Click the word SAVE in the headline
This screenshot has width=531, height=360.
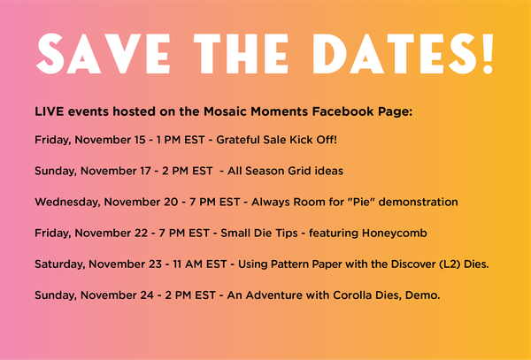pyautogui.click(x=103, y=53)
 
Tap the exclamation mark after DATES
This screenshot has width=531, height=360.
pyautogui.click(x=488, y=53)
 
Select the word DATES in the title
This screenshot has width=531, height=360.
pyautogui.click(x=396, y=53)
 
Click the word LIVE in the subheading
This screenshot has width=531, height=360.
pyautogui.click(x=49, y=111)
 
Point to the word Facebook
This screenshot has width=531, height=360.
pyautogui.click(x=342, y=111)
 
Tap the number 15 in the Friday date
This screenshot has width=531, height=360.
pyautogui.click(x=140, y=140)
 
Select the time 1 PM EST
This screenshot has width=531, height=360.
pyautogui.click(x=181, y=140)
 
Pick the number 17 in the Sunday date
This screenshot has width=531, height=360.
pyautogui.click(x=145, y=171)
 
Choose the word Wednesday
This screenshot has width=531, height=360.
pyautogui.click(x=68, y=203)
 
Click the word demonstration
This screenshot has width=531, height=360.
pyautogui.click(x=419, y=202)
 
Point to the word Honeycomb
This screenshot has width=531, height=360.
pyautogui.click(x=394, y=234)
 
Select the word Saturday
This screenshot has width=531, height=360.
pyautogui.click(x=59, y=264)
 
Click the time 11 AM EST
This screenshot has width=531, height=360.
pyautogui.click(x=200, y=264)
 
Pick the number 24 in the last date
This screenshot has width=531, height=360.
pyautogui.click(x=147, y=295)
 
